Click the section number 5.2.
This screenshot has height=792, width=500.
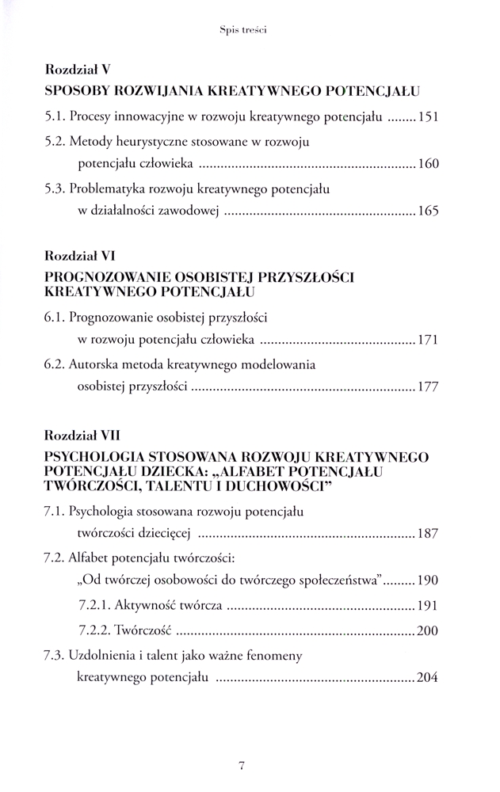(55, 142)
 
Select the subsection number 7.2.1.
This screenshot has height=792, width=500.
(96, 606)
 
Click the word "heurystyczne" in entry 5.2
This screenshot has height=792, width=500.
(151, 142)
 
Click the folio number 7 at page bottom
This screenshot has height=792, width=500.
(242, 764)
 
